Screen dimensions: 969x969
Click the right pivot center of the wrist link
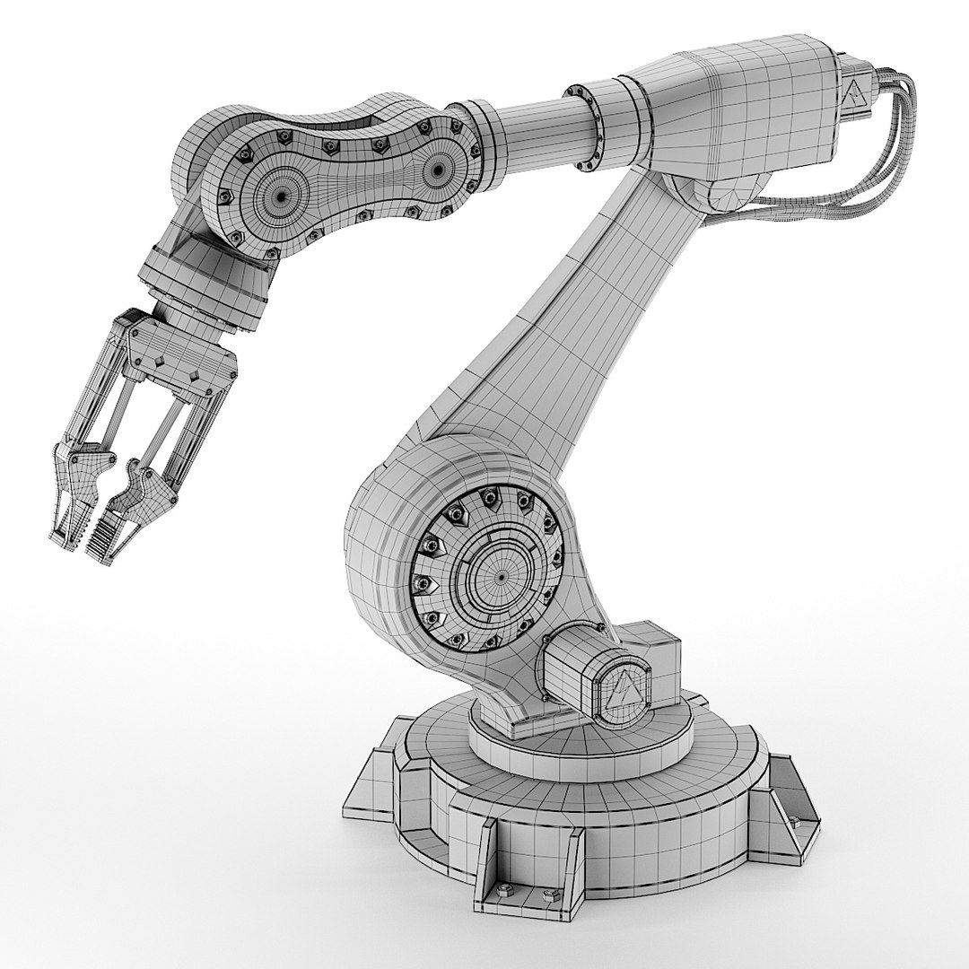pyautogui.click(x=439, y=167)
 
